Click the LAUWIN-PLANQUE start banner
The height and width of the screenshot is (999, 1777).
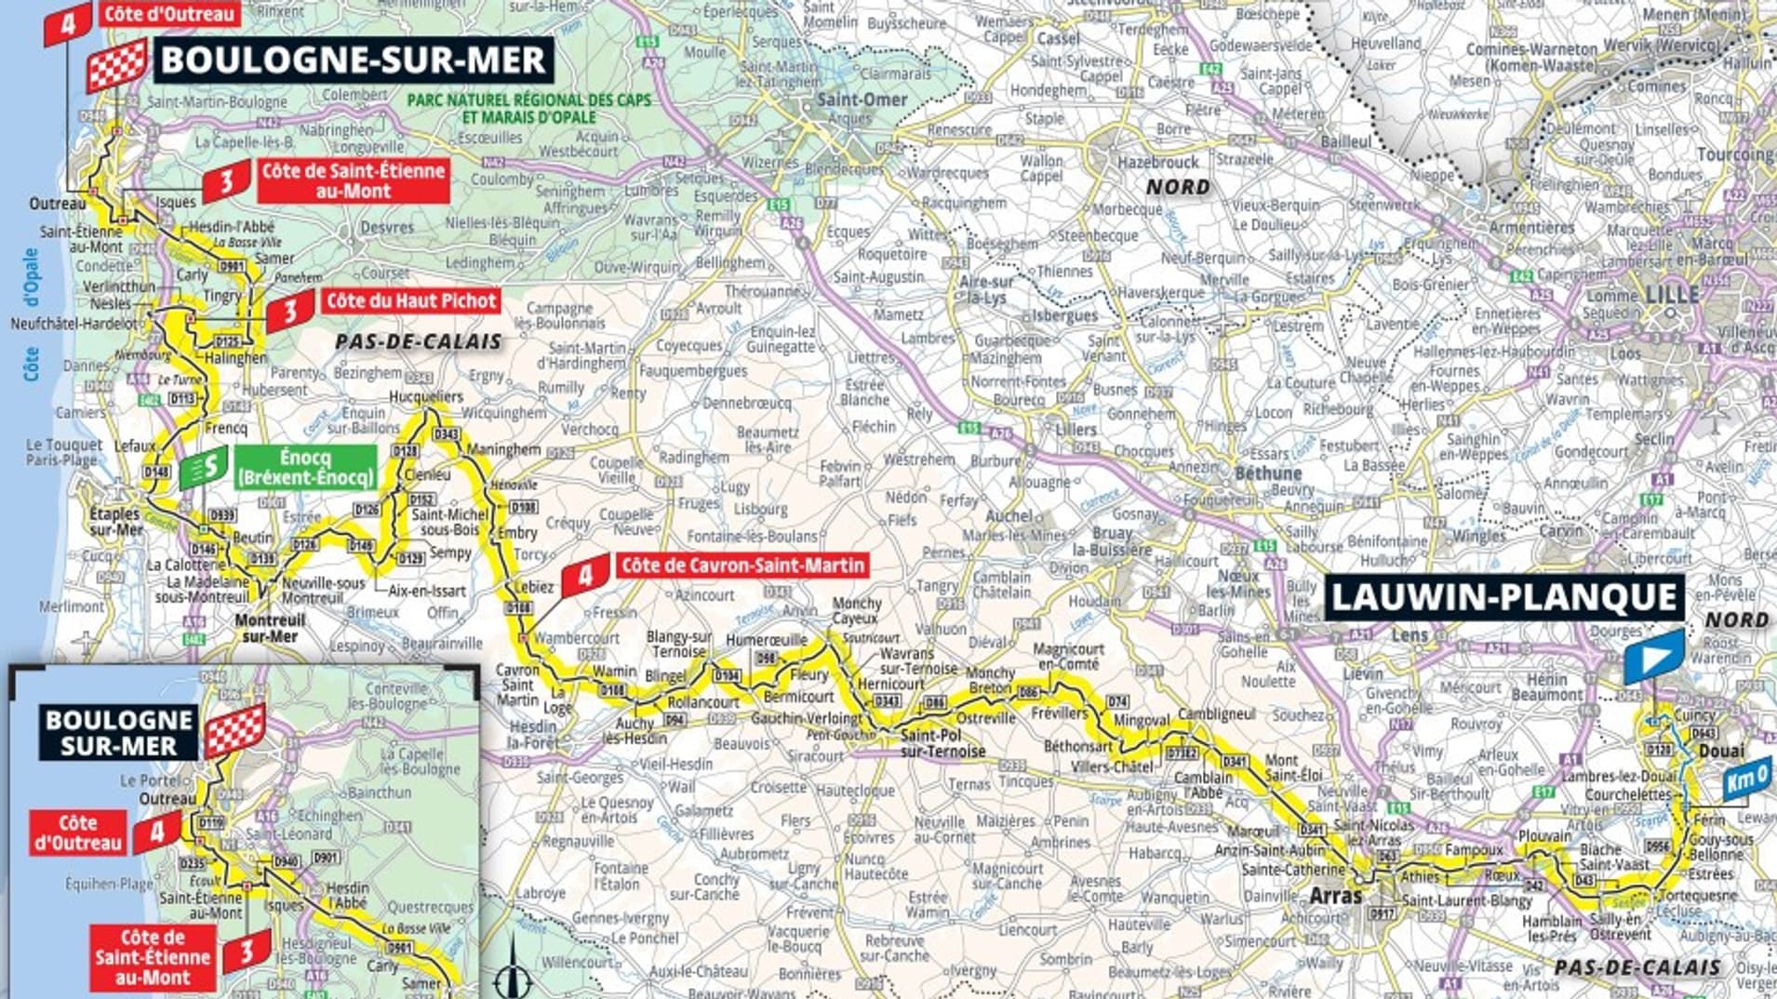coord(1504,597)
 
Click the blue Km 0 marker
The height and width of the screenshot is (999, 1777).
coord(1746,781)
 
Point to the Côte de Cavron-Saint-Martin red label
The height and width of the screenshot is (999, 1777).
coord(742,565)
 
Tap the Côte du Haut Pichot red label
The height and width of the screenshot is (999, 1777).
coord(410,300)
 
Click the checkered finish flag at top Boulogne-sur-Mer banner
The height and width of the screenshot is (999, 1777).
coord(116,65)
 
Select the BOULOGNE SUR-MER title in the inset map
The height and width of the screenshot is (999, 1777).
coord(118,733)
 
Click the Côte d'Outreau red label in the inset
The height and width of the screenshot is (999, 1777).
coord(78,833)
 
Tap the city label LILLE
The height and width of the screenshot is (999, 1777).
coord(1672,295)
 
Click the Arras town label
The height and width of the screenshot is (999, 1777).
coord(1335,897)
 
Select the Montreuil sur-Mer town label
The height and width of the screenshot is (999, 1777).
coord(270,628)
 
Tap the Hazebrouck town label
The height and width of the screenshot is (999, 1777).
coord(1158,162)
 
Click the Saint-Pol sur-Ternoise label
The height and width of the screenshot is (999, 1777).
coord(942,743)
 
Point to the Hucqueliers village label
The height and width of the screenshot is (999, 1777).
coord(425,397)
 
